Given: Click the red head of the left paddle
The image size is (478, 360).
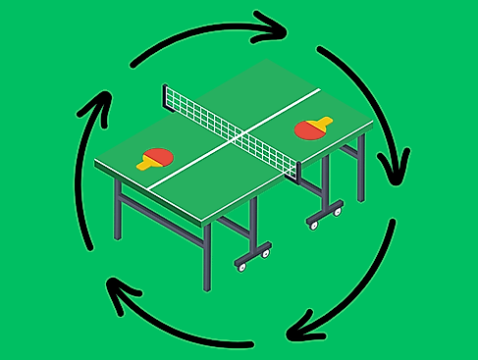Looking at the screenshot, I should click(158, 155).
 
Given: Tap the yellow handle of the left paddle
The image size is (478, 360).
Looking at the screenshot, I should click(145, 164).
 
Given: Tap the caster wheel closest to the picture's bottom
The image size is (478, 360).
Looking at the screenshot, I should click(240, 266).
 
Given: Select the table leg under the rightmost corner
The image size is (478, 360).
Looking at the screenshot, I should click(361, 162).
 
